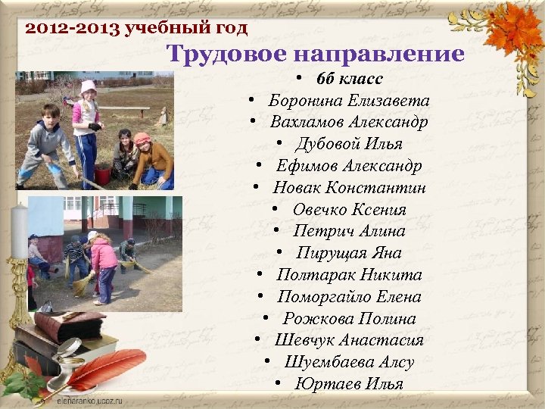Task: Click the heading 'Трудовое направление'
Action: pos(315,54)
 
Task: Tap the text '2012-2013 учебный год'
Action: pos(136,30)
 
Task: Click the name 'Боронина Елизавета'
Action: pos(349,101)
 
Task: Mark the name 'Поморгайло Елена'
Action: pos(349,297)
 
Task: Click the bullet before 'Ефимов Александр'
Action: pos(259,167)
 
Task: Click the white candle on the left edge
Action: pos(18,226)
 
